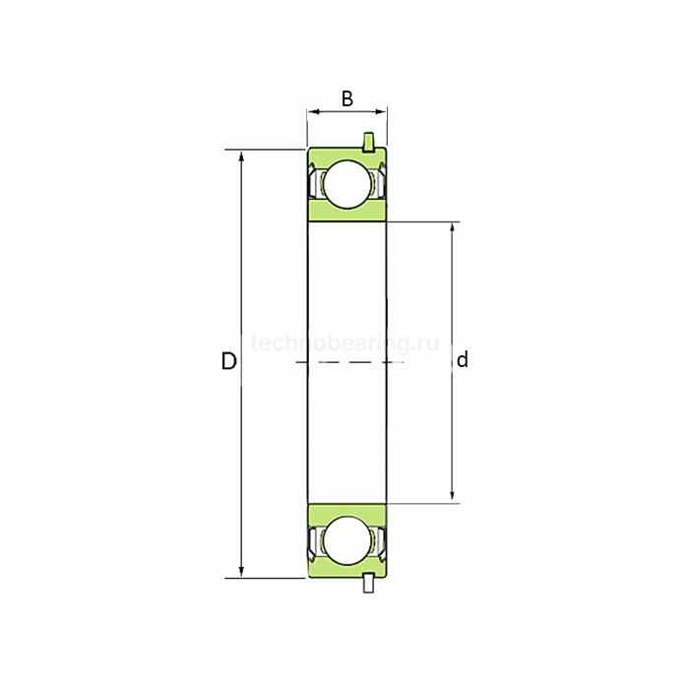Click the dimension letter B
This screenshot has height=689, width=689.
pyautogui.click(x=346, y=98)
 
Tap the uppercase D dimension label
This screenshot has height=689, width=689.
pyautogui.click(x=228, y=361)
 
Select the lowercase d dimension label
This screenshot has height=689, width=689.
pyautogui.click(x=462, y=360)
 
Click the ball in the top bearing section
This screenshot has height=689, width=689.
pyautogui.click(x=345, y=184)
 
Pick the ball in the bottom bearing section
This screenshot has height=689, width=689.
pyautogui.click(x=345, y=540)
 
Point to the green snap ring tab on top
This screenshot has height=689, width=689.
pyautogui.click(x=368, y=142)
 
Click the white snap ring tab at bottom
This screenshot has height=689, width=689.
pyautogui.click(x=368, y=583)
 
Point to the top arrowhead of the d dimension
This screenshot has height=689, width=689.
pyautogui.click(x=452, y=228)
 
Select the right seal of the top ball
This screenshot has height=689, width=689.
pyautogui.click(x=376, y=183)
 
